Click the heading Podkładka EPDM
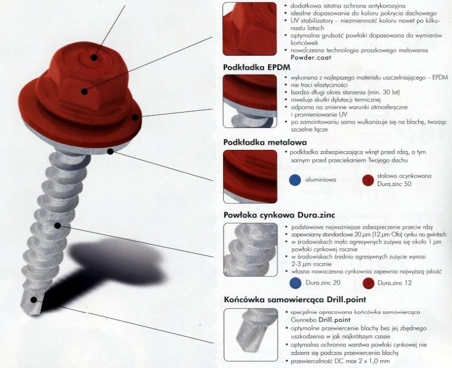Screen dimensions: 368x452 [256, 68]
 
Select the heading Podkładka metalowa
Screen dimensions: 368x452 [264, 143]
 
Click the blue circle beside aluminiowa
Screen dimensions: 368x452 [294, 180]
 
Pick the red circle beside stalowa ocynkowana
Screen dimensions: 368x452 [368, 180]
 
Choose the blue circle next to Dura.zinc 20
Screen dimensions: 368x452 [294, 283]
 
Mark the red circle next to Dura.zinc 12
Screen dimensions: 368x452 [368, 283]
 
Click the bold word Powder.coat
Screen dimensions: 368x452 [310, 57]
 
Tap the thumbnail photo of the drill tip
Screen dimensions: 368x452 [250, 334]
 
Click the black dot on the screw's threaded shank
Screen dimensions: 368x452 [57, 225]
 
